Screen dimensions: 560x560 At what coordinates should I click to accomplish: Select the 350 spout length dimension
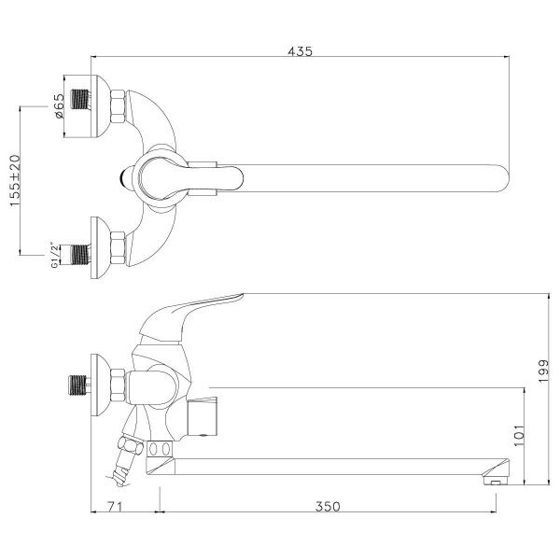327,507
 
